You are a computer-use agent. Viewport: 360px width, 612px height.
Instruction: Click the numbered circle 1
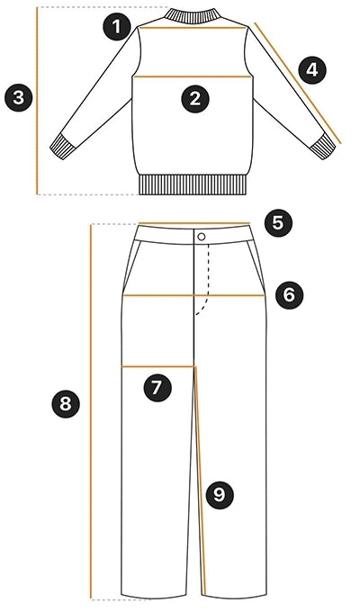click(x=116, y=27)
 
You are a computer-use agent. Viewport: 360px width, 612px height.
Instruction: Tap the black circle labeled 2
click(x=195, y=99)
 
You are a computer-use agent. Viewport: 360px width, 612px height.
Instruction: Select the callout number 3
click(x=19, y=97)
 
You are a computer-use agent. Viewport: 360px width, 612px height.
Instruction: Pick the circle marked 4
click(x=312, y=70)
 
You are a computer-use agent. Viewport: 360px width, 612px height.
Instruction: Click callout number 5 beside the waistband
click(x=277, y=223)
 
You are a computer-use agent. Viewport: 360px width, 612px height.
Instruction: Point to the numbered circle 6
click(x=289, y=295)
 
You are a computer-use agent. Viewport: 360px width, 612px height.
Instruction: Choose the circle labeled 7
click(x=157, y=387)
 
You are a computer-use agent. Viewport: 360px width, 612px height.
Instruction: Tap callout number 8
click(x=66, y=403)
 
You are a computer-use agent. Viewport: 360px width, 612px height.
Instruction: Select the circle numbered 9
click(x=220, y=495)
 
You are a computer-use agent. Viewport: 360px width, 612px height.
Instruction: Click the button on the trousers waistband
click(x=202, y=237)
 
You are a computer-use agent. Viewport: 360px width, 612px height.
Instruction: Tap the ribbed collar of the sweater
click(x=193, y=15)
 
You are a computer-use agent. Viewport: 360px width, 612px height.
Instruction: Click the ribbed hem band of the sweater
click(x=193, y=184)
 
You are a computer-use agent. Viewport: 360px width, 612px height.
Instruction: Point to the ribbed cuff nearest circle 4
click(x=323, y=147)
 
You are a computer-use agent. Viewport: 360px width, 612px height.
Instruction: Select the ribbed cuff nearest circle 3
click(x=62, y=147)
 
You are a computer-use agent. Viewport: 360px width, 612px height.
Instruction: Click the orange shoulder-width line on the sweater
click(x=193, y=28)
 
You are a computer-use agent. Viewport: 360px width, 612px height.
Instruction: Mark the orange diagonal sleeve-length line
click(x=298, y=83)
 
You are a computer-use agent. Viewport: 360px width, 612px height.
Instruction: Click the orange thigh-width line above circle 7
click(x=158, y=366)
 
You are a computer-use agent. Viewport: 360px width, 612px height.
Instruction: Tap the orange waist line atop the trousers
click(x=194, y=223)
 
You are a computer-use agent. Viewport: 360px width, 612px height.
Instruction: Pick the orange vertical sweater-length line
click(x=38, y=101)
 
